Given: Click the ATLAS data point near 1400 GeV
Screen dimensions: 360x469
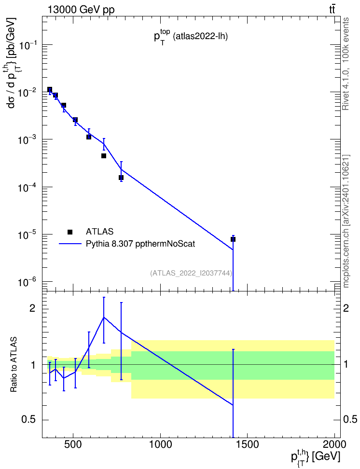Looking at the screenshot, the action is [x=233, y=239].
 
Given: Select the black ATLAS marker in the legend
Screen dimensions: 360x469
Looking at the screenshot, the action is [x=70, y=232].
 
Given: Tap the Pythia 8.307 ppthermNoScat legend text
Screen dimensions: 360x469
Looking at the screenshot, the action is [x=140, y=244].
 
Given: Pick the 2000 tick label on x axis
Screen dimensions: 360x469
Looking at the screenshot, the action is [x=334, y=444].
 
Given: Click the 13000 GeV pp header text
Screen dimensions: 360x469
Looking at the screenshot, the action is [x=81, y=10].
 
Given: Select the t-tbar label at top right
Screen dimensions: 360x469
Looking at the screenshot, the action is [x=332, y=10].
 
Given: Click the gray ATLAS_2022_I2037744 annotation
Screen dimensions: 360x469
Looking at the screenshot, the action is [x=191, y=273].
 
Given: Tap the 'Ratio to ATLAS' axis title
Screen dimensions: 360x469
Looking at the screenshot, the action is [x=14, y=364].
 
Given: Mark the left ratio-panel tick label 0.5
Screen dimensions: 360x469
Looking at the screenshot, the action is [x=29, y=420].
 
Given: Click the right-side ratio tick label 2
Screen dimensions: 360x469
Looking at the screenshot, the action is [x=346, y=308].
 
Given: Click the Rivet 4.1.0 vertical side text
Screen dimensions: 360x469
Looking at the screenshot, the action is [x=346, y=64].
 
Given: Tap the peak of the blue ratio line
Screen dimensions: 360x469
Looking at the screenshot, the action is [x=104, y=317].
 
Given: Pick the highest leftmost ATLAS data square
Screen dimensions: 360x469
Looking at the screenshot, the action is [x=50, y=89].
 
